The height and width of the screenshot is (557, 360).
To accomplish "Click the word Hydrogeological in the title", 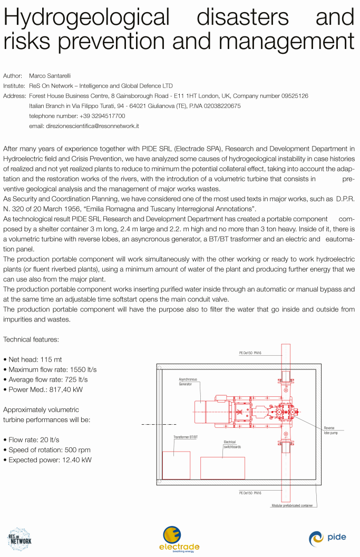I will tap(87, 17).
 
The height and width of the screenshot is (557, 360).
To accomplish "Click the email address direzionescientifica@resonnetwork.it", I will tap(83, 126).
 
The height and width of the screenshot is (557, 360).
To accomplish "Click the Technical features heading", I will tap(31, 339).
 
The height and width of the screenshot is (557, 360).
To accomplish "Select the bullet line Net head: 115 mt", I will tap(35, 359).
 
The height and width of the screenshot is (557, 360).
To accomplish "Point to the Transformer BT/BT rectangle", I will tap(176, 465).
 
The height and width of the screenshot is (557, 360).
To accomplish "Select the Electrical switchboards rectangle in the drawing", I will tap(222, 468).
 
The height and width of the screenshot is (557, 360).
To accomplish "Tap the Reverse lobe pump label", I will tap(329, 431).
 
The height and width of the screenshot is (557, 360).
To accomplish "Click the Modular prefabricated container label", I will tap(291, 505).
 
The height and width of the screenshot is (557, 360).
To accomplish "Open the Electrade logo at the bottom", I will tap(179, 539).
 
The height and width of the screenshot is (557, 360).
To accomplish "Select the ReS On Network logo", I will tap(20, 539).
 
